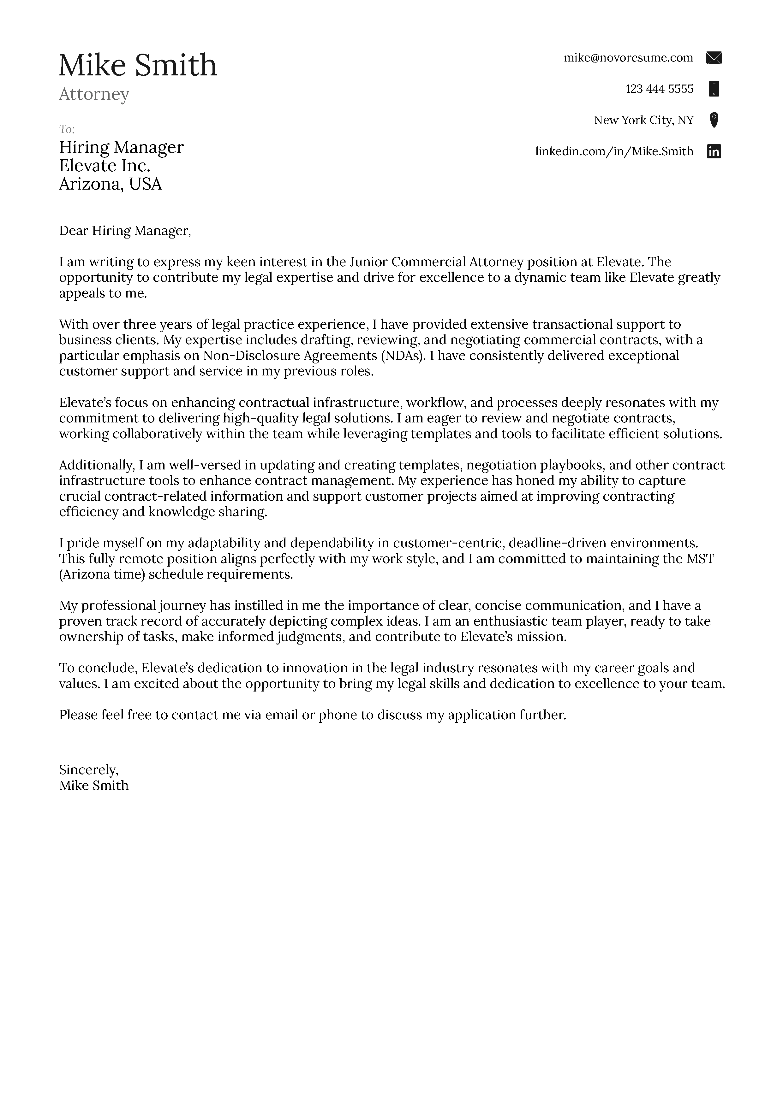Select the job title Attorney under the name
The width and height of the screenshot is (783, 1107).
94,94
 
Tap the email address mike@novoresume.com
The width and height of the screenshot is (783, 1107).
628,58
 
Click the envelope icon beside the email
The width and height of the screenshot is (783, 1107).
714,58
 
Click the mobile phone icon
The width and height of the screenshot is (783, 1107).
714,89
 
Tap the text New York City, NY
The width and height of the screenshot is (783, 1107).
643,120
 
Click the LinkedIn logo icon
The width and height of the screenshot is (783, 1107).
714,151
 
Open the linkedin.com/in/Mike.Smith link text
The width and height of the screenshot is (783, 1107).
614,151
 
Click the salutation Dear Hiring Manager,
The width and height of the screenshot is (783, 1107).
125,231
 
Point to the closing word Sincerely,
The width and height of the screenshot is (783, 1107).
88,769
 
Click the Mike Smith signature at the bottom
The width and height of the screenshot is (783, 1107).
93,786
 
